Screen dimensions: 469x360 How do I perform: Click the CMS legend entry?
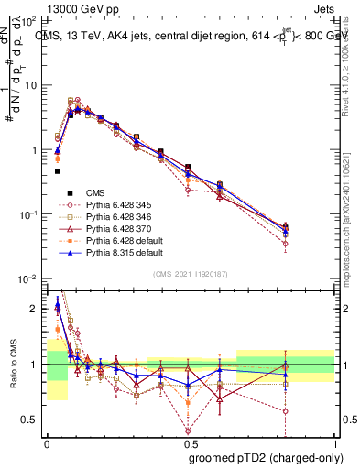tap(96, 192)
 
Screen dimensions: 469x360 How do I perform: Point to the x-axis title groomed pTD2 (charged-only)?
tap(265, 457)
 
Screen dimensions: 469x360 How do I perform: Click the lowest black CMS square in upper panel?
tap(57, 170)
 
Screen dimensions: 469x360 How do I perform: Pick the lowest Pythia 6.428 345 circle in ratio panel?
tap(188, 431)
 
